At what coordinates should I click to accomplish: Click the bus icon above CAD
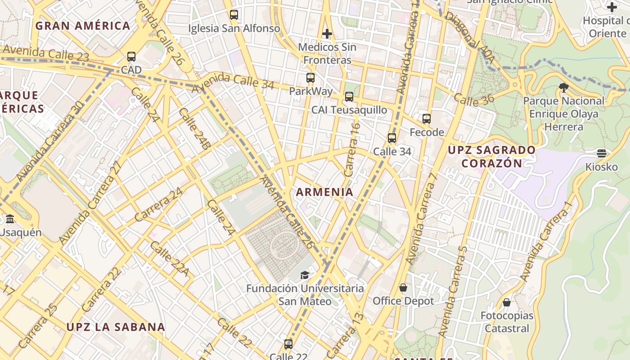pos(131,57)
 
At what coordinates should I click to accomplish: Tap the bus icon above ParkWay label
pos(310,78)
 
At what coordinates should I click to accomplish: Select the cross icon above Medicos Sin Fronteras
pos(327,34)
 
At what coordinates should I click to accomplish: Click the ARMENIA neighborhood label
pos(324,192)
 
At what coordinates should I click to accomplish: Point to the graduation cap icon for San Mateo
pos(305,275)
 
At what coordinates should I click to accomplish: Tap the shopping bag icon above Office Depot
pos(403,288)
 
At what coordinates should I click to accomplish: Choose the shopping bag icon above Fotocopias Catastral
pos(507,302)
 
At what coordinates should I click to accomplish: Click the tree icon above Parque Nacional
pos(563,87)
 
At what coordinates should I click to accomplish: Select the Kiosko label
pos(601,167)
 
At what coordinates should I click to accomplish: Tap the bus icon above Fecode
pos(427,119)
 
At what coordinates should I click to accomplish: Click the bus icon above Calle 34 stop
pos(392,138)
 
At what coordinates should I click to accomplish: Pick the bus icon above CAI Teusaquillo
pos(349,97)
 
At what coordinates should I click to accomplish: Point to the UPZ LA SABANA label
pos(116,327)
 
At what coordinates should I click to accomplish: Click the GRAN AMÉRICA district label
pos(83,26)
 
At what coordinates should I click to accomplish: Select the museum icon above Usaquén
pos(10,219)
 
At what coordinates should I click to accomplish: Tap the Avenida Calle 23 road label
pos(45,54)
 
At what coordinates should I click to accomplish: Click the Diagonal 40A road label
pos(470,38)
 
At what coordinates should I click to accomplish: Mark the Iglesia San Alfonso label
pos(234,29)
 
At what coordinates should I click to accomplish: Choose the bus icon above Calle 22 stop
pos(288,344)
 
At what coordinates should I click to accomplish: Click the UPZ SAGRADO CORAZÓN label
pos(492,156)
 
